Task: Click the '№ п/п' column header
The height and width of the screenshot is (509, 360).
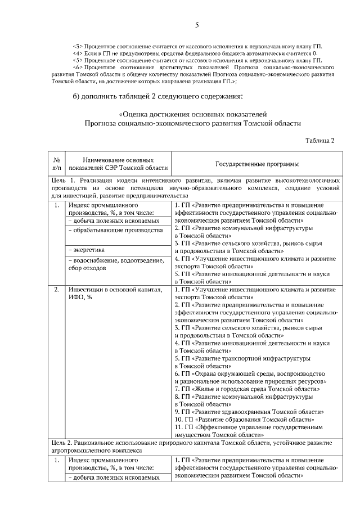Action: pyautogui.click(x=56, y=164)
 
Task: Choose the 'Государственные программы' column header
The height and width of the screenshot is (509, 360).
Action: pyautogui.click(x=256, y=164)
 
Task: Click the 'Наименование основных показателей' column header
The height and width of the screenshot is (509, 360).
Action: pyautogui.click(x=118, y=164)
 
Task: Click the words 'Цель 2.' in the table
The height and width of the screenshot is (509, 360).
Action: pyautogui.click(x=62, y=443)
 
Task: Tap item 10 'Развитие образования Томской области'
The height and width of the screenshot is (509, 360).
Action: pyautogui.click(x=247, y=418)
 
